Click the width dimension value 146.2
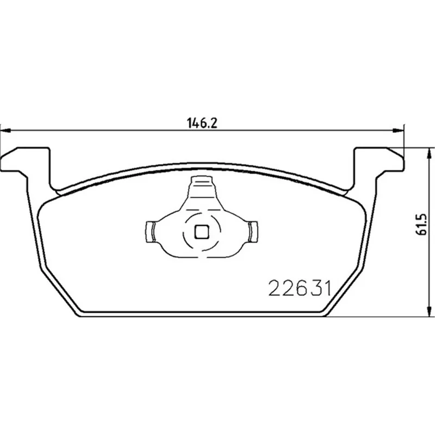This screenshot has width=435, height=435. pos(202,123)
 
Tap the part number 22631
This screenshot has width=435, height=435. pos(300,288)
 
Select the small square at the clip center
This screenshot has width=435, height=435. pos(202,232)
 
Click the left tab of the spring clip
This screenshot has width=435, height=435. pos(150,232)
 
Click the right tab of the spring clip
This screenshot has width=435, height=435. pos(253,232)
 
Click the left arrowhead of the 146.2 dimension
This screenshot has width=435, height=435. pos(5,130)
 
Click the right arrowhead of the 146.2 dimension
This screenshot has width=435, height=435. pos(397,130)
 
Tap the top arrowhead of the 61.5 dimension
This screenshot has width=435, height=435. pos(430,153)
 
